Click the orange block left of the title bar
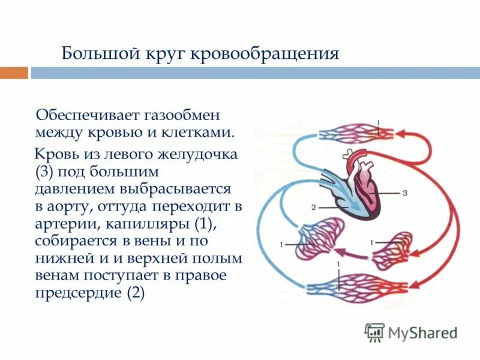pos(14,73)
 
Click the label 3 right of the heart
pos(404,193)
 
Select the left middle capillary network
pos(322,241)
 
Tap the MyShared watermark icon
pos(375,332)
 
